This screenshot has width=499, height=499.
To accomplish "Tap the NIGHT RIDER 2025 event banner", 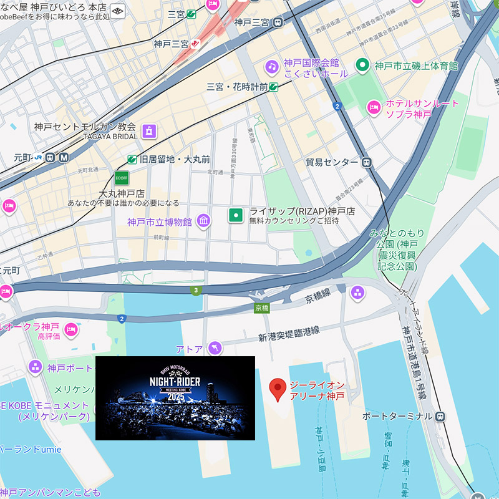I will coord(175,398).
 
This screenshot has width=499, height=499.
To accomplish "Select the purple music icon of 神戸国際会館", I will coord(271,66).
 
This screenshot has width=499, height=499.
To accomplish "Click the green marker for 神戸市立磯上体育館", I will coord(362,65).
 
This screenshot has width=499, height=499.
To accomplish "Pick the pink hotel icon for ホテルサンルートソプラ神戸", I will coord(374,107).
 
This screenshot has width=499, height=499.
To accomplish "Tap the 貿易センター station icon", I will coord(367,162).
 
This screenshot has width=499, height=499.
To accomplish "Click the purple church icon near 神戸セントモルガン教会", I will coord(148,130).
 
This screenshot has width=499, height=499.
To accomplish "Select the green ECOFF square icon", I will coord(122,178).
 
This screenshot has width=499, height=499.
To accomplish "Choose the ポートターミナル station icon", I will coord(440,416).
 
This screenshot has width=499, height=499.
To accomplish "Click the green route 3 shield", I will coord(196,290).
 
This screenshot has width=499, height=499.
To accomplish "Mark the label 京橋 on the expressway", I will coord(262,308).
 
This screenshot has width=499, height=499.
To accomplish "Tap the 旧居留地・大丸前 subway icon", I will coord(132,159).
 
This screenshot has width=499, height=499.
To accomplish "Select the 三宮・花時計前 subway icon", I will coord(274,87).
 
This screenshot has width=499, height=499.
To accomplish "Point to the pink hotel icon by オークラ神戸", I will coord(71,328).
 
